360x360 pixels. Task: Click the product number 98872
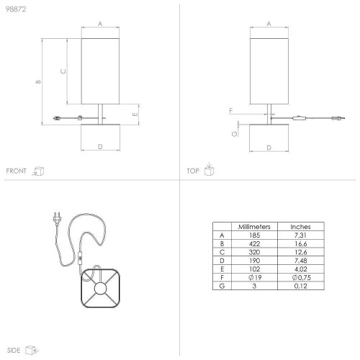[16, 9]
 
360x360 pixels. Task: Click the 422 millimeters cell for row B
[254, 244]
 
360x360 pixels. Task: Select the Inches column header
[300, 227]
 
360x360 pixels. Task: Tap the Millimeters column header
[254, 227]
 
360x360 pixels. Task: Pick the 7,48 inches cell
[301, 261]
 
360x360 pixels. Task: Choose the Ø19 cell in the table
[255, 277]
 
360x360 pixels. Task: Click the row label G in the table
[222, 286]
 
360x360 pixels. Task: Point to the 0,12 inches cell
[301, 286]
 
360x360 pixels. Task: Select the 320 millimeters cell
[254, 252]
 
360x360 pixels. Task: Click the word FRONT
[16, 171]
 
